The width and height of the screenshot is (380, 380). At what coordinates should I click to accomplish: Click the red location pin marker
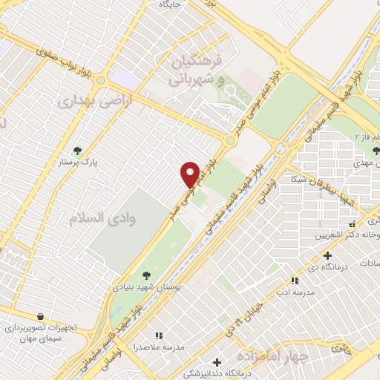191,174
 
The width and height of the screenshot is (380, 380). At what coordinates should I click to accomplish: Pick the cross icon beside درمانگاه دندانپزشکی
216,362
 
